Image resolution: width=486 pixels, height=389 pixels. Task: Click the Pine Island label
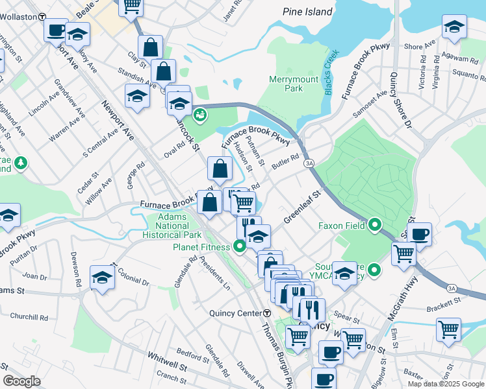point(307,12)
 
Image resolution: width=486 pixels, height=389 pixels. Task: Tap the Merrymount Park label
point(286,84)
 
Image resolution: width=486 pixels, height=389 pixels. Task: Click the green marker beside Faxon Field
point(374,226)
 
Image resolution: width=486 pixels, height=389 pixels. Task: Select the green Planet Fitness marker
point(240,246)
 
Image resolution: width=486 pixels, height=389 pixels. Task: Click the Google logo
point(22,381)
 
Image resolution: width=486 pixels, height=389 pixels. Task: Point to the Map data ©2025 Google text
point(445,384)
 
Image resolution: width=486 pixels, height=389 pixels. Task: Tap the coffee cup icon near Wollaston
point(56,30)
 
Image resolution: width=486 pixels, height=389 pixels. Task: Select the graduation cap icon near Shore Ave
point(454,27)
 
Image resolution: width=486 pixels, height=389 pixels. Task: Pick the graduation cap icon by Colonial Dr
point(102,277)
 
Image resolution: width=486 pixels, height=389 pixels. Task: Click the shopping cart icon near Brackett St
point(448,329)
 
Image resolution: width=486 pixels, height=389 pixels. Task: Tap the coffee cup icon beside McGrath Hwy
point(419,234)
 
